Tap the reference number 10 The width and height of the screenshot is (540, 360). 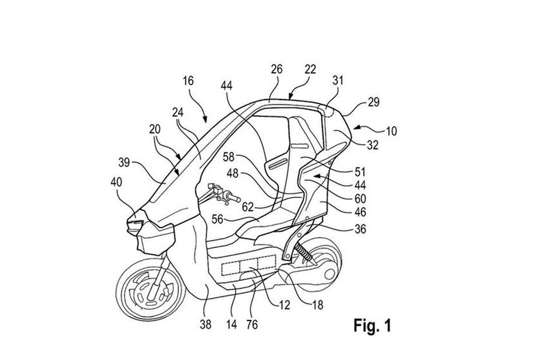pyautogui.click(x=391, y=131)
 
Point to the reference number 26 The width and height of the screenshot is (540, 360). pyautogui.click(x=276, y=69)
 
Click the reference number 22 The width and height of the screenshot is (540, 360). pyautogui.click(x=310, y=69)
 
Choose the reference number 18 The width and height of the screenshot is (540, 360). pyautogui.click(x=318, y=302)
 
